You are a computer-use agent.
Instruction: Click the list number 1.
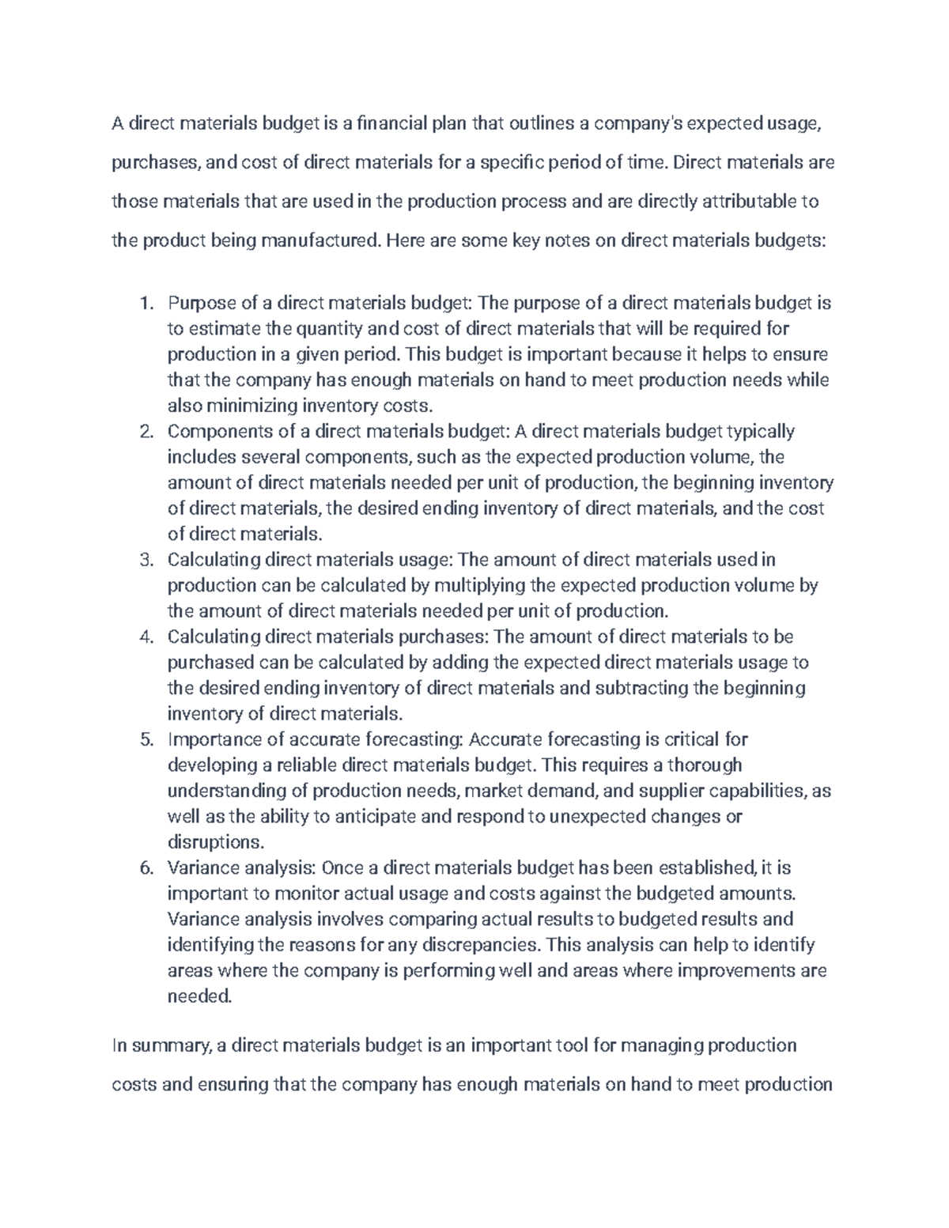(x=144, y=304)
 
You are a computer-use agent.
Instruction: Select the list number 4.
(x=145, y=637)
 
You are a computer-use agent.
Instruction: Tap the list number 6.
(x=145, y=868)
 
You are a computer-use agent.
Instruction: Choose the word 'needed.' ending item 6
(x=200, y=996)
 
